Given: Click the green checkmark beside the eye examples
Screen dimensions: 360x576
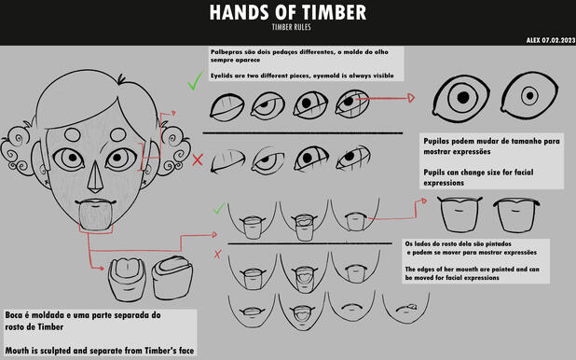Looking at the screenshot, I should click(x=193, y=84).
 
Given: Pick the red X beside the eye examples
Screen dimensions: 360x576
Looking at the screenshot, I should click(x=198, y=159).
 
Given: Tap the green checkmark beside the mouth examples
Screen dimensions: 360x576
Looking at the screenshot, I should click(x=217, y=209).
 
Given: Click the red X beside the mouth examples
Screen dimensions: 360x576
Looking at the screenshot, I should click(x=217, y=254).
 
